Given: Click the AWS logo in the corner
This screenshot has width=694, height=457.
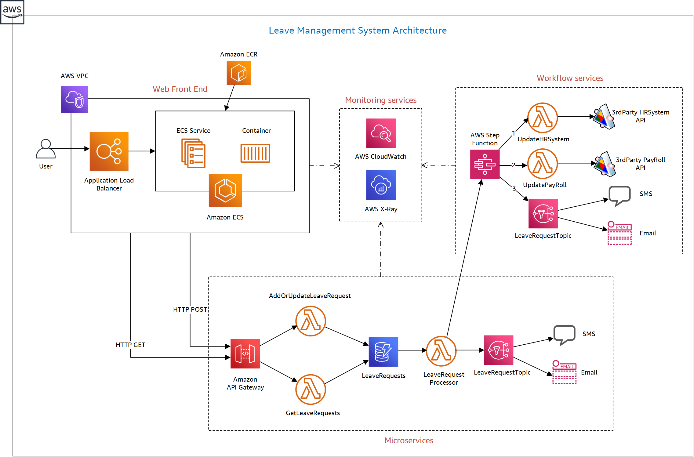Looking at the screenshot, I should pos(12,12).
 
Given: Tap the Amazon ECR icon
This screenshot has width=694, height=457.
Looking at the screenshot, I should pos(238,73).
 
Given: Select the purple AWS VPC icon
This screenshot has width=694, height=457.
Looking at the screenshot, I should pos(74,99).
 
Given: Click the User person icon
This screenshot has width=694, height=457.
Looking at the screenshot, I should pos(46,149).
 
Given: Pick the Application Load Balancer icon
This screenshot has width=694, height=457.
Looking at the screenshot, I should pos(109,151).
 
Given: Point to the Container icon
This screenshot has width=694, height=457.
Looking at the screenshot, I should pos(255,153).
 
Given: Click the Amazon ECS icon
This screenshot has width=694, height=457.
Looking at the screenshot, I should pos(225,190).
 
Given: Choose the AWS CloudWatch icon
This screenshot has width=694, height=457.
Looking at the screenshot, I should pos(381,133).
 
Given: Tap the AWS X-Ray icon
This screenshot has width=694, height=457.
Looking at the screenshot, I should pos(381,185).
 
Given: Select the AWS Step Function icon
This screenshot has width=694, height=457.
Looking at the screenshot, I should pos(485,164).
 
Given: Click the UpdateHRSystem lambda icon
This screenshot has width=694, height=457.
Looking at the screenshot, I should pos(543,118).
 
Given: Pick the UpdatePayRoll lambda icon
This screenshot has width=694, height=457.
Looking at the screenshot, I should pos(543,164).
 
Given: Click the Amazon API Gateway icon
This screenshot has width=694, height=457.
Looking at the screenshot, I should pos(245,354).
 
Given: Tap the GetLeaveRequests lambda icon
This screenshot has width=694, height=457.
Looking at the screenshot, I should pos(311,390).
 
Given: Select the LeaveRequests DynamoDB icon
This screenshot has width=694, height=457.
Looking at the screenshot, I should pos(383,352).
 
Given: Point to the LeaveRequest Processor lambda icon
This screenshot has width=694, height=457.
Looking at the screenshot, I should pos(441,351).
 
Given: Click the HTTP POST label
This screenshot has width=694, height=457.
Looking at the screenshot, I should pos(190,310).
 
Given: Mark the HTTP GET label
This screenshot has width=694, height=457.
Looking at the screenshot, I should pos(130,345).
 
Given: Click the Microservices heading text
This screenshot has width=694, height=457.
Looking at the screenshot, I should pos(409,441).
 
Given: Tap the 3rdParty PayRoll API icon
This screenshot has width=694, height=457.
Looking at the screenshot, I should pos(605,164).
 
